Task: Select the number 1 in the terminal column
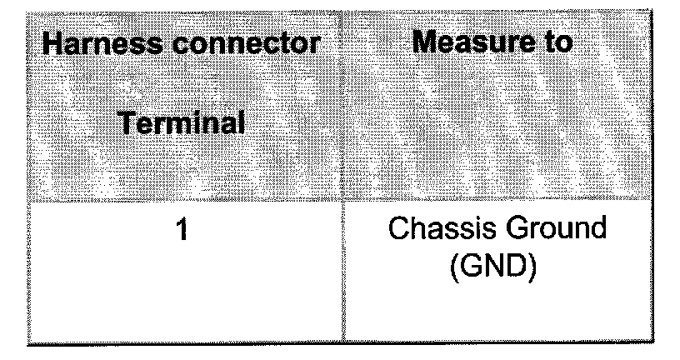click(181, 230)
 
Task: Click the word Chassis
click(441, 230)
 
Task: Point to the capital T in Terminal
click(127, 125)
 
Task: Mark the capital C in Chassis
click(400, 230)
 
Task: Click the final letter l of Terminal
click(241, 125)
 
